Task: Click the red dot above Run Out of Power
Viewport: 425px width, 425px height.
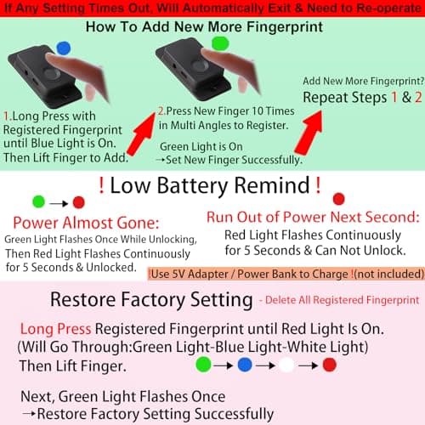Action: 338,199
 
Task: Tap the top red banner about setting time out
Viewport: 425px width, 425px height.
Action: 212,8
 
